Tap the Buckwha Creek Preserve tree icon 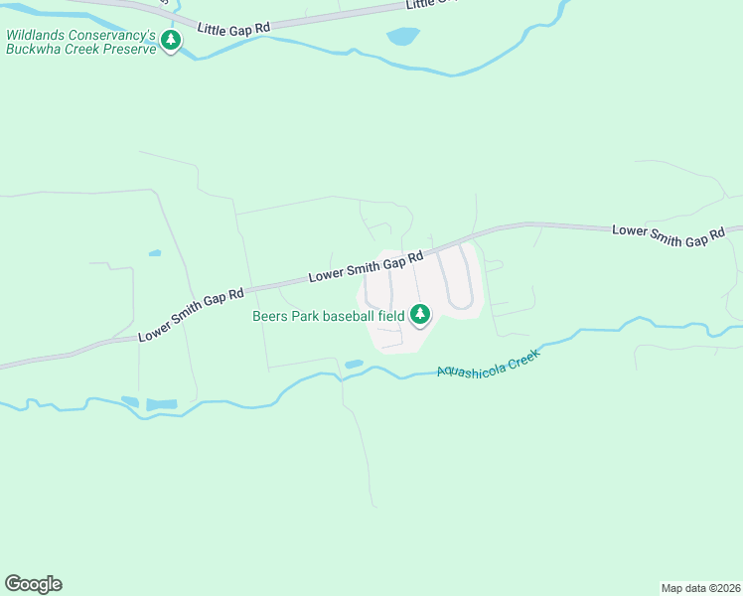(172, 41)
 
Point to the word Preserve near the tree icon (128, 48)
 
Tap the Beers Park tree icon (420, 315)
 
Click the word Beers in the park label (270, 316)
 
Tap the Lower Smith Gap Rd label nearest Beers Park (371, 264)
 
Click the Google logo (33, 584)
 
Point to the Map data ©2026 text (701, 587)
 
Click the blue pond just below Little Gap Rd (402, 37)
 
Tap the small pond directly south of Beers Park (354, 364)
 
